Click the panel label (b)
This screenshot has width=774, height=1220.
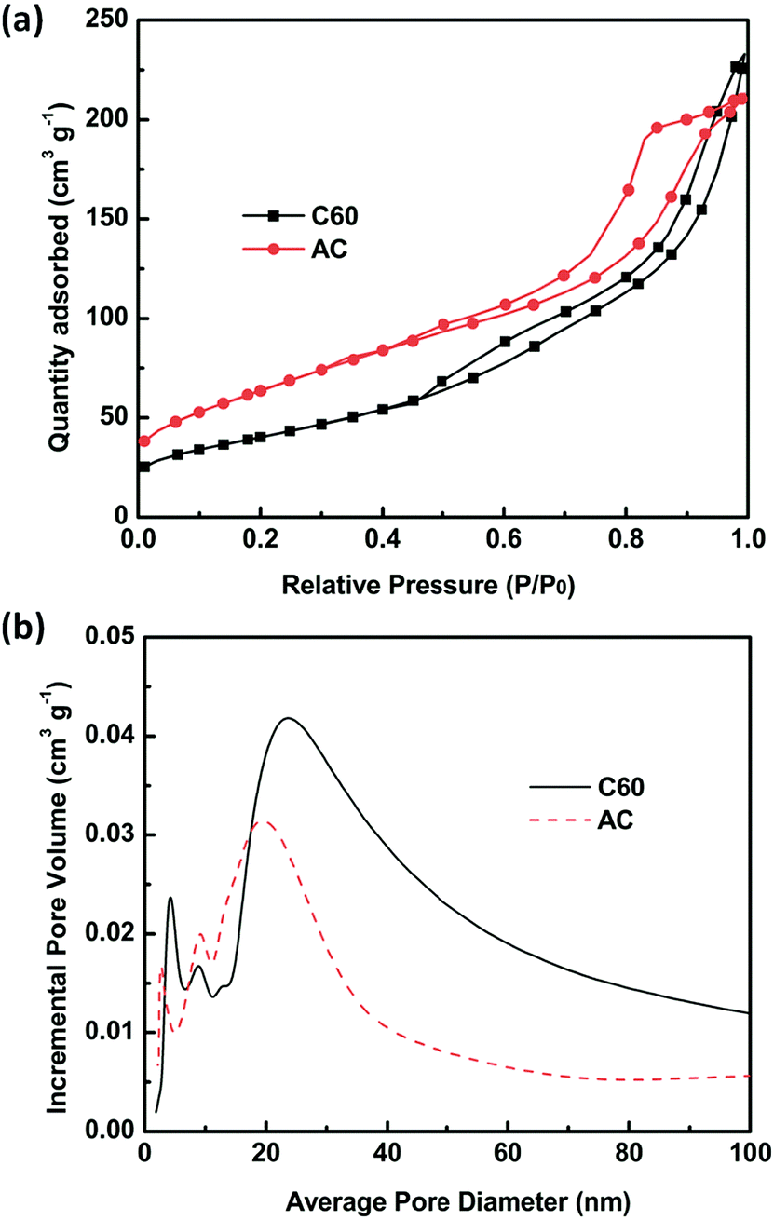point(20,617)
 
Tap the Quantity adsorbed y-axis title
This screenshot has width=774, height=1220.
point(63,270)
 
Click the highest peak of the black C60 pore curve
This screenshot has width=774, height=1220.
point(289,718)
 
